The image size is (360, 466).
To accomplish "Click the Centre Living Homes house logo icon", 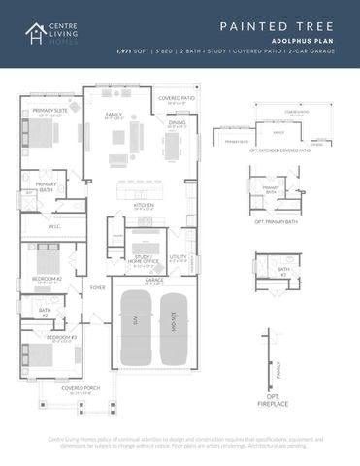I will pos(36,34).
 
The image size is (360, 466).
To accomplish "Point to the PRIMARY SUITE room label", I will pos(49,112).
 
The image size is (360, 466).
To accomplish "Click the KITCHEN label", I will pos(144,206).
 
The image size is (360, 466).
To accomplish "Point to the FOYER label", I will pos(97,287).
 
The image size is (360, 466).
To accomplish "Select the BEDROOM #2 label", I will pos(49,279).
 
